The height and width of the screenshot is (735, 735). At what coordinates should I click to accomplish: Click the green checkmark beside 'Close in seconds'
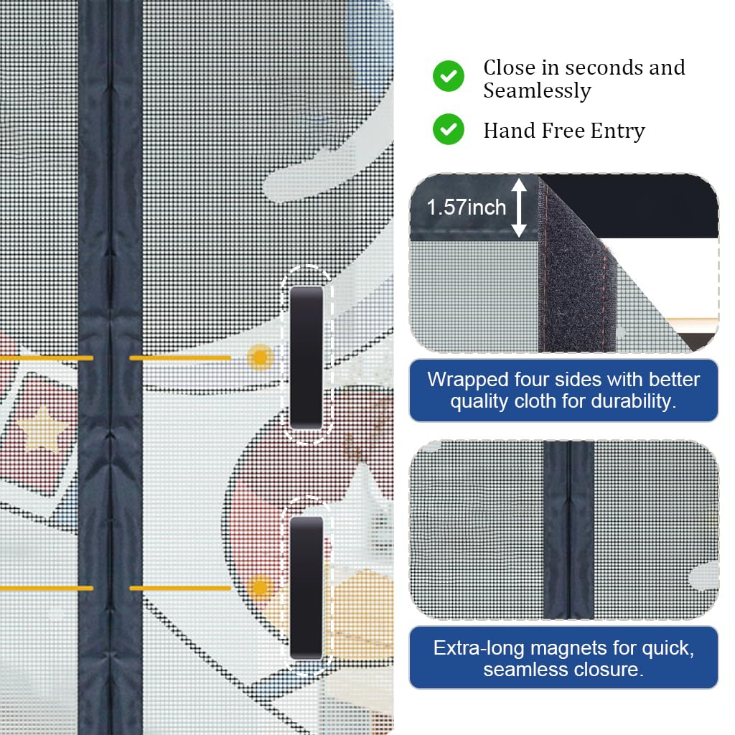449,76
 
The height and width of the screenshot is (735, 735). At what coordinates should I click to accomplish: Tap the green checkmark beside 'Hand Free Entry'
449,129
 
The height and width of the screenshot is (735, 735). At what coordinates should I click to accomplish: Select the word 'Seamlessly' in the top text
537,91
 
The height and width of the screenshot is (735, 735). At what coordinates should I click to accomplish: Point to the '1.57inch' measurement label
467,207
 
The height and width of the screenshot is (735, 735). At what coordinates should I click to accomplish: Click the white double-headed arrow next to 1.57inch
519,207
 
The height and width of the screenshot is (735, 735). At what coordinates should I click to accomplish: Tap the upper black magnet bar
306,357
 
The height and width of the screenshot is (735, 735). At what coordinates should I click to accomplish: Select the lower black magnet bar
306,588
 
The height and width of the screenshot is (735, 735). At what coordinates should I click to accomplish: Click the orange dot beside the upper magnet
260,357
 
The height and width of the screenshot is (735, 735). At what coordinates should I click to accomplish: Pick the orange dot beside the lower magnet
260,588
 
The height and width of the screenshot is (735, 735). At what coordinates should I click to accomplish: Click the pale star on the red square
42,428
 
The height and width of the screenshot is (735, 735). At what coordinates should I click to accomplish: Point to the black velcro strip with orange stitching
576,272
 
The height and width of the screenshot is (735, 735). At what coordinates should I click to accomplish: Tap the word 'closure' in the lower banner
607,670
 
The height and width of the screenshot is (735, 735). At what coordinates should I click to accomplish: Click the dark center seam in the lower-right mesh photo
568,530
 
